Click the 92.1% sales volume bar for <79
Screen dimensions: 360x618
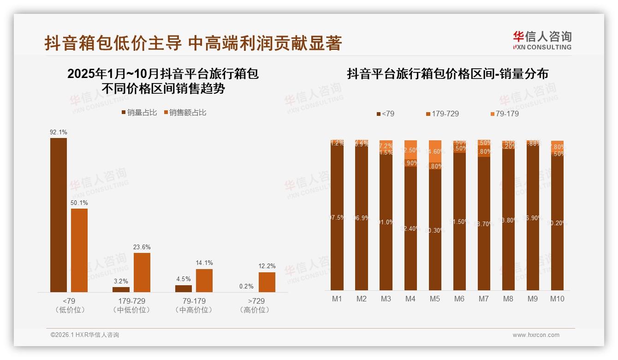[59, 215]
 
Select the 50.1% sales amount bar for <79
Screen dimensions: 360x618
[79, 250]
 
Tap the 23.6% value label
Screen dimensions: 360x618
[142, 247]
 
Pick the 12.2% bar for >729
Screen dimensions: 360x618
[267, 282]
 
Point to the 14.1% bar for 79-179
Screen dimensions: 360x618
[204, 280]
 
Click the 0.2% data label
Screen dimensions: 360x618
[246, 286]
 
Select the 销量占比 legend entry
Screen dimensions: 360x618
[139, 113]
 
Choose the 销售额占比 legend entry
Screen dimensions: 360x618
[184, 113]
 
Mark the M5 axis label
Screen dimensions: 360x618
[435, 299]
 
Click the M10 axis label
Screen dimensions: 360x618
[557, 299]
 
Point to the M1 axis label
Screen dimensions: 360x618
[337, 299]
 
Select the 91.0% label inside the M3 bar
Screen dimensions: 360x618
[386, 222]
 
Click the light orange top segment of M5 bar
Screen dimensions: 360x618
[435, 151]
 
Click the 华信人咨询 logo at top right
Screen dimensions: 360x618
[542, 40]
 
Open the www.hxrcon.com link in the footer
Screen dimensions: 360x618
[536, 335]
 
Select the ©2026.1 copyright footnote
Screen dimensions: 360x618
[84, 335]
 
